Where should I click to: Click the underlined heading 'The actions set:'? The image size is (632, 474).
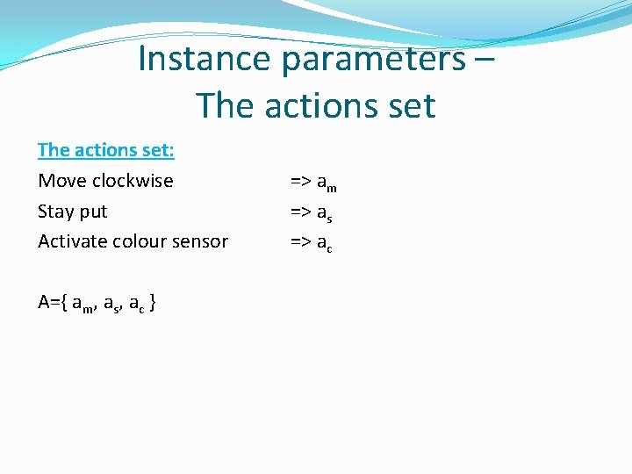pos(106,150)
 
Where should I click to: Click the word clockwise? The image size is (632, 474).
pos(133,181)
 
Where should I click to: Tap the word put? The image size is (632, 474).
pos(93,212)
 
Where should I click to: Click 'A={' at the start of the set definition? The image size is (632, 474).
pos(52,302)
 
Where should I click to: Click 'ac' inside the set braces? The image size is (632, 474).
pos(136,304)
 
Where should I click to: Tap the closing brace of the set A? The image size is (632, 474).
pos(154,303)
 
